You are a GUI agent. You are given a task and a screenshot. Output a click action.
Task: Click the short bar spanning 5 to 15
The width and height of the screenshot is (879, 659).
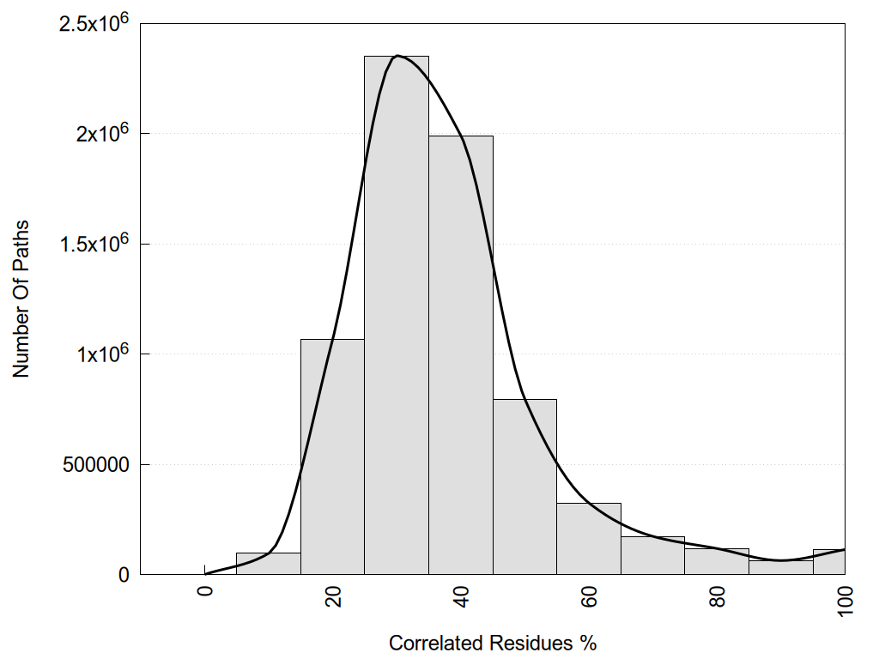tap(268, 564)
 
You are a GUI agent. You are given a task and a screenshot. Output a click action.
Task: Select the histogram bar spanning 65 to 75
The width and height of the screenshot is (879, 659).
tap(652, 555)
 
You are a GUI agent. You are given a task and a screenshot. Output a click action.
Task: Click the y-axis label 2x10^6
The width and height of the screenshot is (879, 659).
tap(101, 133)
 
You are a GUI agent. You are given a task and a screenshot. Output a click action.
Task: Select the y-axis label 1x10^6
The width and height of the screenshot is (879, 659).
tap(101, 354)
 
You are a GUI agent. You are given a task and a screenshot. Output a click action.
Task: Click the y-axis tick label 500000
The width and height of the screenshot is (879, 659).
tap(96, 464)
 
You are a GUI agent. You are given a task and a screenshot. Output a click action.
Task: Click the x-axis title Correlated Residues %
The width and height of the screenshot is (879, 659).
tap(492, 643)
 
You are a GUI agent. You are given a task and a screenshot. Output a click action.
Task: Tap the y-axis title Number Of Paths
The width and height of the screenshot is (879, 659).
tap(21, 299)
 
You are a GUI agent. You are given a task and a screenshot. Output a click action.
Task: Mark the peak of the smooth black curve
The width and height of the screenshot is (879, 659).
tap(397, 56)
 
